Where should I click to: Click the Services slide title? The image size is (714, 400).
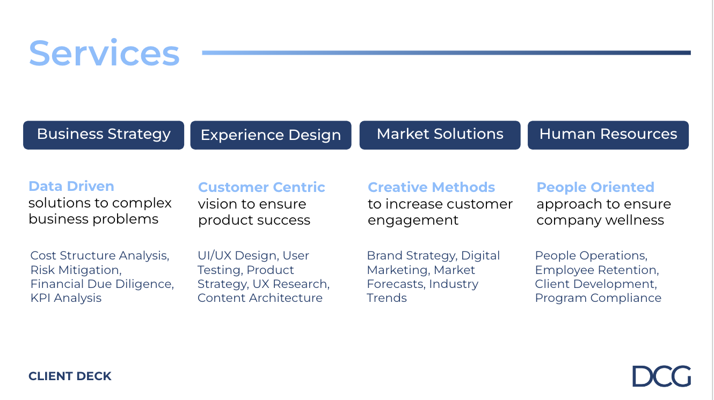[104, 53]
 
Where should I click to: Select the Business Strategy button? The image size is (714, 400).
[104, 135]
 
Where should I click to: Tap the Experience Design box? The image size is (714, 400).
[271, 135]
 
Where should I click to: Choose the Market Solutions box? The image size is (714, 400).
[440, 135]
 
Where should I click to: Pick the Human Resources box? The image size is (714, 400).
[608, 135]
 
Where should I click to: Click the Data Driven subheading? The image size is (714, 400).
[71, 187]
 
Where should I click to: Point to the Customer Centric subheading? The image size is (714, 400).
[261, 188]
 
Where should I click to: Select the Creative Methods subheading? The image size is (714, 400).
[431, 188]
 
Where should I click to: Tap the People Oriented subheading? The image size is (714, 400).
[595, 188]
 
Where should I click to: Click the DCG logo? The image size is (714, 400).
[661, 376]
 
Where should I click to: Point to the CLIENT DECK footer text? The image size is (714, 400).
[70, 376]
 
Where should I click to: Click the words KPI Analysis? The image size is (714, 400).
[66, 298]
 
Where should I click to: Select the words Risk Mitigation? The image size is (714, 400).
[75, 270]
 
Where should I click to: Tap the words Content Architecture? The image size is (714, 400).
[260, 298]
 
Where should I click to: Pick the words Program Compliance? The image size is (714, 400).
[598, 298]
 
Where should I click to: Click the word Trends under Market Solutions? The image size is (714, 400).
[387, 298]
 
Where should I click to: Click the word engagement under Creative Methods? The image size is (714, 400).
[413, 220]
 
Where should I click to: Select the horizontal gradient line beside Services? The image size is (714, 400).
[446, 53]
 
